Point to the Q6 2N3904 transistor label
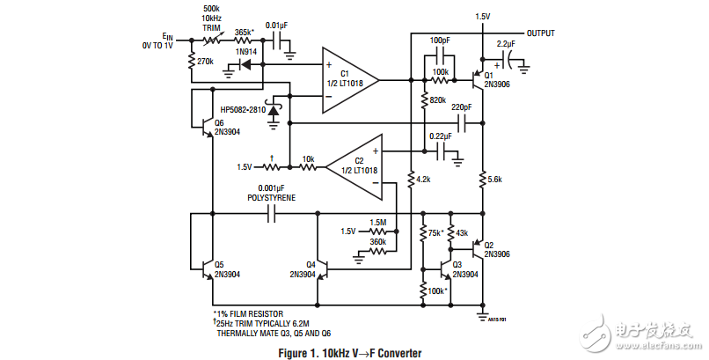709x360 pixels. pyautogui.click(x=226, y=127)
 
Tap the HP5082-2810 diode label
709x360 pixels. pyautogui.click(x=238, y=110)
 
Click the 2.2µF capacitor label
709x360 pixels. pyautogui.click(x=506, y=43)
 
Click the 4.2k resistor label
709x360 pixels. pyautogui.click(x=422, y=180)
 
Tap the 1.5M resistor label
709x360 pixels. pyautogui.click(x=378, y=223)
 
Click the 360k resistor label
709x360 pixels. pyautogui.click(x=378, y=241)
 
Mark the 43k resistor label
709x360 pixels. pyautogui.click(x=463, y=233)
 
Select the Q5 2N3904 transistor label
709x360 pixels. pyautogui.click(x=226, y=269)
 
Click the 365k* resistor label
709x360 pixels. pyautogui.click(x=244, y=33)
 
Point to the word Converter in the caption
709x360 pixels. pyautogui.click(x=396, y=352)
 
